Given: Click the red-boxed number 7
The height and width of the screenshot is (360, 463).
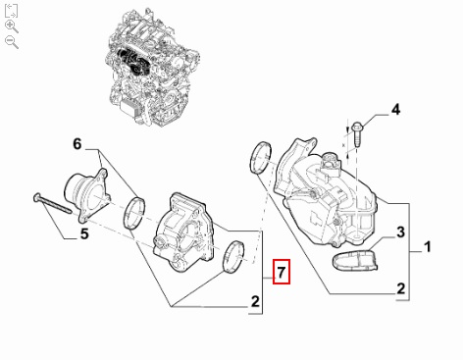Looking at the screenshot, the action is click(282, 272).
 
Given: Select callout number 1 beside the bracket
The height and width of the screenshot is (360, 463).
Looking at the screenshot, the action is click(427, 247).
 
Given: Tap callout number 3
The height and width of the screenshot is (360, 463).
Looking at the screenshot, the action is click(400, 232).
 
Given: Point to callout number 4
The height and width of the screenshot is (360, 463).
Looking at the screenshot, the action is click(395, 110).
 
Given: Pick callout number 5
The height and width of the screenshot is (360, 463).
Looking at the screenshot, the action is click(84, 233).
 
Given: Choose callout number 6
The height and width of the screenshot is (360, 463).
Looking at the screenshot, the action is click(77, 144).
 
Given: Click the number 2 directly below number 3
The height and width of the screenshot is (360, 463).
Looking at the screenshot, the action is click(401, 288).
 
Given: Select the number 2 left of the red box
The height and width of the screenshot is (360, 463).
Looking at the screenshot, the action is click(255, 301).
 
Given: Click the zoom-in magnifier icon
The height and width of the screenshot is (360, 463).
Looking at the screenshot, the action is click(12, 26).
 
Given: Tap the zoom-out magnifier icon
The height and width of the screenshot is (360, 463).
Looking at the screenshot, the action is click(12, 42).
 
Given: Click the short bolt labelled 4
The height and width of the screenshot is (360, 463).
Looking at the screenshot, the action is click(358, 134).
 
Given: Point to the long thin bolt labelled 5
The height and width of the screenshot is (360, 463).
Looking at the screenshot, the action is click(52, 203).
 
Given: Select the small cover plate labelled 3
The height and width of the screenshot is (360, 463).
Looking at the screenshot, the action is click(355, 261).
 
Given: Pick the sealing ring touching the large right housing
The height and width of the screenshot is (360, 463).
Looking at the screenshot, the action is click(261, 158).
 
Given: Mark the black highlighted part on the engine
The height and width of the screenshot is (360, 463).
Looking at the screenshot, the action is click(131, 62).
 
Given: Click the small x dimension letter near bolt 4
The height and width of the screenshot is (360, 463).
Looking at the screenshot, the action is click(343, 144).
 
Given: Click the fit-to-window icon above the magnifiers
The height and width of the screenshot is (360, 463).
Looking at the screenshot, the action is click(11, 11).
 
